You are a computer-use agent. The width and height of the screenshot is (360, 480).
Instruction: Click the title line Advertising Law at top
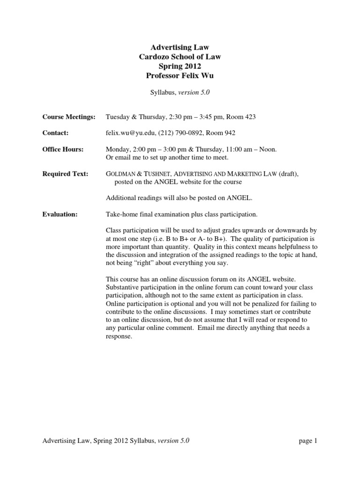click(180, 47)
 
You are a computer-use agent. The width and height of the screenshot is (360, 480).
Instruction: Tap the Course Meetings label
click(69, 117)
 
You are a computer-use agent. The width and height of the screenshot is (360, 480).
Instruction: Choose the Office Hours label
click(63, 150)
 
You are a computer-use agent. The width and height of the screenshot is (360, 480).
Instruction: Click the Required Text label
click(65, 174)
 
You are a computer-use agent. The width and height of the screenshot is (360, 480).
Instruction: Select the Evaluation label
click(60, 214)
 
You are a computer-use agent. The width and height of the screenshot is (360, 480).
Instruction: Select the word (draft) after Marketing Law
click(288, 174)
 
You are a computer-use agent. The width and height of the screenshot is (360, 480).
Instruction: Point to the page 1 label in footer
click(307, 441)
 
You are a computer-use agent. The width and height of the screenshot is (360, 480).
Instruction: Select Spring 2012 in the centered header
click(180, 66)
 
